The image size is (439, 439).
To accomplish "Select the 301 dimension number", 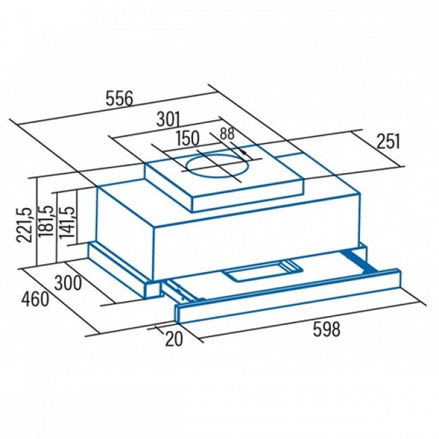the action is tap(168, 119).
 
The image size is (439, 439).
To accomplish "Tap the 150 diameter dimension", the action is tap(188, 138).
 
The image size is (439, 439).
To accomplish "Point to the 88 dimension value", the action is tap(227, 134).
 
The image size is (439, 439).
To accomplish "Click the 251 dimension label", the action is tap(388, 141).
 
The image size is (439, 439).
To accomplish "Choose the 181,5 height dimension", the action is tap(46, 222).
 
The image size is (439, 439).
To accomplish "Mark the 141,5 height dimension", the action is tap(67, 223).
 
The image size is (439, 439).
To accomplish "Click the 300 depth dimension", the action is tap(68, 283).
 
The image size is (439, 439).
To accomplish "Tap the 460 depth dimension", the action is tap(36, 299).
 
